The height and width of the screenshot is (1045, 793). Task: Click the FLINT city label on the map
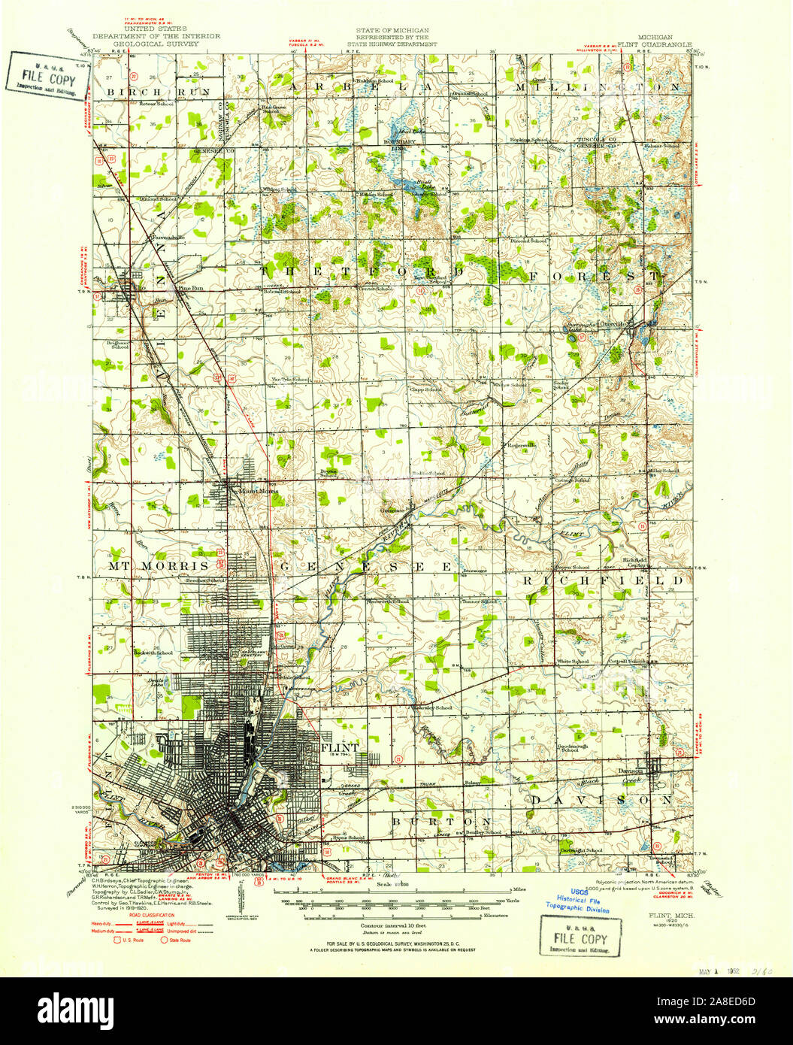(340, 748)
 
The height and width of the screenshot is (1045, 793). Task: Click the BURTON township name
(441, 821)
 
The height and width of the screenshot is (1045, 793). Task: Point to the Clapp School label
(425, 389)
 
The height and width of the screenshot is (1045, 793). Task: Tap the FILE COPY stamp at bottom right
(580, 939)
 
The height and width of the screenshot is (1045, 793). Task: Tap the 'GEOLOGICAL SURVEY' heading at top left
(156, 44)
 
